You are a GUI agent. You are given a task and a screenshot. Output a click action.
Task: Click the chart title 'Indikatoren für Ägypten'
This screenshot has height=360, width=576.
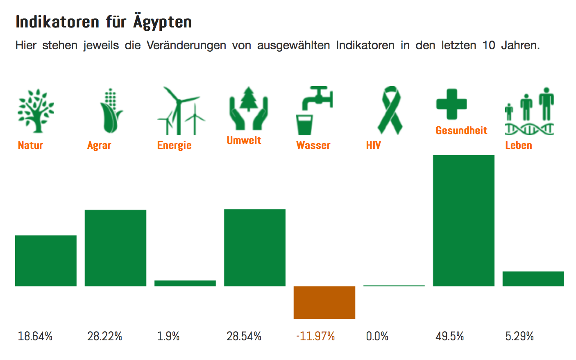coord(104,22)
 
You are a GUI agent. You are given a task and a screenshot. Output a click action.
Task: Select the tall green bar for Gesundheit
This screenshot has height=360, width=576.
coord(463,220)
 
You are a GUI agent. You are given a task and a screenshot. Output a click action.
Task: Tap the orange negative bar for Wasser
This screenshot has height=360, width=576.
coord(324,302)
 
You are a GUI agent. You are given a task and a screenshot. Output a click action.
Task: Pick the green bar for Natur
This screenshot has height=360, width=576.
coord(46,260)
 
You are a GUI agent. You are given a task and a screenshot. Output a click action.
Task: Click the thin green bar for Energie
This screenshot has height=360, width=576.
coord(185,283)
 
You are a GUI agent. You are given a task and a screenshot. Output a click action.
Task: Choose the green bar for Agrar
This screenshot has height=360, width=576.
coord(115,248)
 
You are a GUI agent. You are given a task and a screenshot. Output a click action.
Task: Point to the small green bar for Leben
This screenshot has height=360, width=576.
coord(533,278)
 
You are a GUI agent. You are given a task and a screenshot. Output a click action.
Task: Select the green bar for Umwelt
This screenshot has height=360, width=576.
coord(254,247)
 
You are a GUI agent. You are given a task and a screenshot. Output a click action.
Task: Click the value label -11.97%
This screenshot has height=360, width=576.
coord(315,337)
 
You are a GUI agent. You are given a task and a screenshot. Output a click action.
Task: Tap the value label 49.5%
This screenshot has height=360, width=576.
coord(449,337)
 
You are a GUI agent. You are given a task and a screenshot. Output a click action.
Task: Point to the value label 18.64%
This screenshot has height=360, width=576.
coord(35,337)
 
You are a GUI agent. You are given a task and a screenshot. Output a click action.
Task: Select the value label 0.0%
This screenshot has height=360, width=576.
coord(377,337)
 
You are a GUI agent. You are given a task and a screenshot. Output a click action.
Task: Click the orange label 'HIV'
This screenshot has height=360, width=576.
coord(373,145)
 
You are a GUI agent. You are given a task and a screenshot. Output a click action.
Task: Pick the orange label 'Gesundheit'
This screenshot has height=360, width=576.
coord(461,130)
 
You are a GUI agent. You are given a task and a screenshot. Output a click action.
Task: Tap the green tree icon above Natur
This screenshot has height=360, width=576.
coord(36,111)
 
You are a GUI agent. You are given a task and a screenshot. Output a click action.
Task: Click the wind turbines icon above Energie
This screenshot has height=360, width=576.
coord(180,111)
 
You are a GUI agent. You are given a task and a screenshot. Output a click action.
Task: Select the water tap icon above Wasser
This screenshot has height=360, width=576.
coord(314,110)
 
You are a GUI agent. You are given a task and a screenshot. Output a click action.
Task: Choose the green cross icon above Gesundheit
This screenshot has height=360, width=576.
coord(451,104)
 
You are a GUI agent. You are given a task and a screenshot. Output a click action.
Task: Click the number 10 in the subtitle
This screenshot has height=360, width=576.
coord(489,45)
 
